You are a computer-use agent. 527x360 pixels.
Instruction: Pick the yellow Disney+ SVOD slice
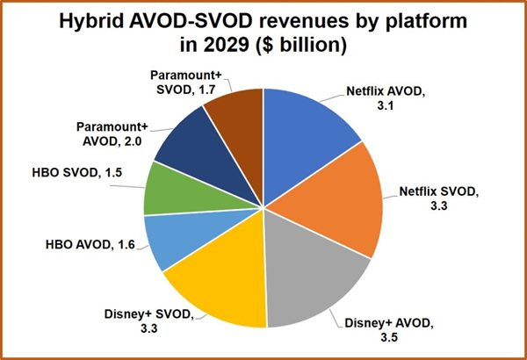coord(220,281)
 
